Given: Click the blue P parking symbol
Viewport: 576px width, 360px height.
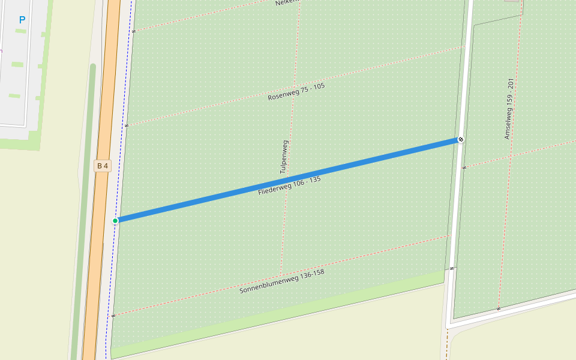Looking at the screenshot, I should (x=22, y=20).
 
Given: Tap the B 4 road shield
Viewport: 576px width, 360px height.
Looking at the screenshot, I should (x=103, y=166).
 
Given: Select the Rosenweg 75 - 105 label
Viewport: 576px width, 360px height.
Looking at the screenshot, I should (x=296, y=91).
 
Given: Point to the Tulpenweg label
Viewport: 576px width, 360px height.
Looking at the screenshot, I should (x=284, y=157).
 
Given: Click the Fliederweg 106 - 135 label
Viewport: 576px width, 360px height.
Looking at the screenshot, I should (x=289, y=185).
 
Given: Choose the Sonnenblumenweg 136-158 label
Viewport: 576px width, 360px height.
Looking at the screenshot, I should (x=281, y=281).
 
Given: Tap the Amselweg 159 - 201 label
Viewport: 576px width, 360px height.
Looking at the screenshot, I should (x=509, y=109).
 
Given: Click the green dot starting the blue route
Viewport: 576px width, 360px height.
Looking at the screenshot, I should (x=115, y=221).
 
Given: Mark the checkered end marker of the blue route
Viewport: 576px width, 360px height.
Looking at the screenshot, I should (x=461, y=139).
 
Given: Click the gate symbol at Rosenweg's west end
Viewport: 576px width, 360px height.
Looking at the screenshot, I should (x=127, y=125).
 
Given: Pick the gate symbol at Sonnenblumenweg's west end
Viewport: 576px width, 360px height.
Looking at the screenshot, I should (x=113, y=315).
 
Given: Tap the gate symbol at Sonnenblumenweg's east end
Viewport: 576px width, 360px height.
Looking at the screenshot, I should (x=452, y=268).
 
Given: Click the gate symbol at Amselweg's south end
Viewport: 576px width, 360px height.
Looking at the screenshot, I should (x=498, y=309).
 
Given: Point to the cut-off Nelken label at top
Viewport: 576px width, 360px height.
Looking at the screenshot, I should (x=286, y=3).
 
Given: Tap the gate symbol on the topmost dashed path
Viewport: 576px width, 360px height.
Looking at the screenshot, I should (x=134, y=31).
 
